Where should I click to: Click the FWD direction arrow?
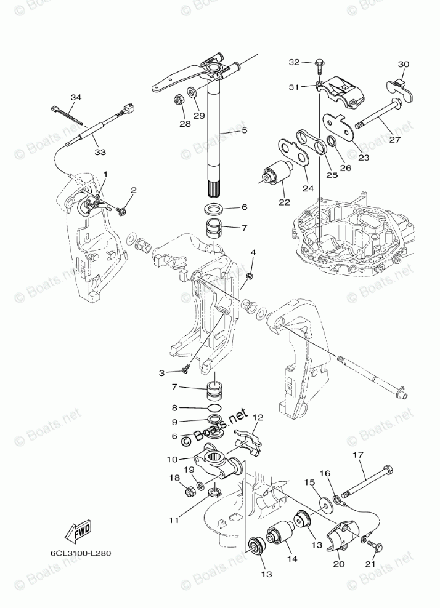point(78,530)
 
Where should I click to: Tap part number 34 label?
point(76,98)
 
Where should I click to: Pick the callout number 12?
point(257,418)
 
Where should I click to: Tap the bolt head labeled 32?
point(320,63)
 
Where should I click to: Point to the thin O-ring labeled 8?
point(214,409)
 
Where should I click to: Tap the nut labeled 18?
point(191,491)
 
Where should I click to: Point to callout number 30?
point(404,64)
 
